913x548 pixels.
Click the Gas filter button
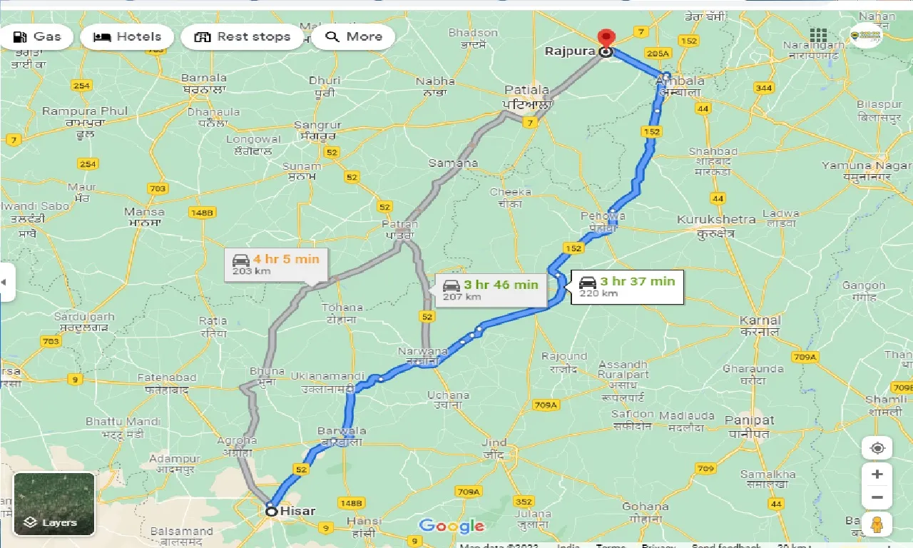(x=36, y=37)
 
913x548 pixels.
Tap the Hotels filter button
(x=128, y=37)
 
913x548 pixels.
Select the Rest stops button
(x=243, y=37)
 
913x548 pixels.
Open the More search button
(x=354, y=37)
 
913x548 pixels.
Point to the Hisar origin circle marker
(x=271, y=511)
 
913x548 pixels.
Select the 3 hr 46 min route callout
(x=491, y=290)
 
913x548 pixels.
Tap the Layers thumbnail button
(x=54, y=504)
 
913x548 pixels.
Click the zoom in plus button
(x=877, y=475)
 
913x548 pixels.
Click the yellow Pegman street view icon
(x=877, y=524)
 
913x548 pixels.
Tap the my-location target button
(x=877, y=448)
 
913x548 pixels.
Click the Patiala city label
(x=527, y=90)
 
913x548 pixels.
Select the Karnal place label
(x=760, y=320)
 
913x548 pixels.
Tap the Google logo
(x=452, y=527)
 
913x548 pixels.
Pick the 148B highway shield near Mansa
(x=203, y=213)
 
